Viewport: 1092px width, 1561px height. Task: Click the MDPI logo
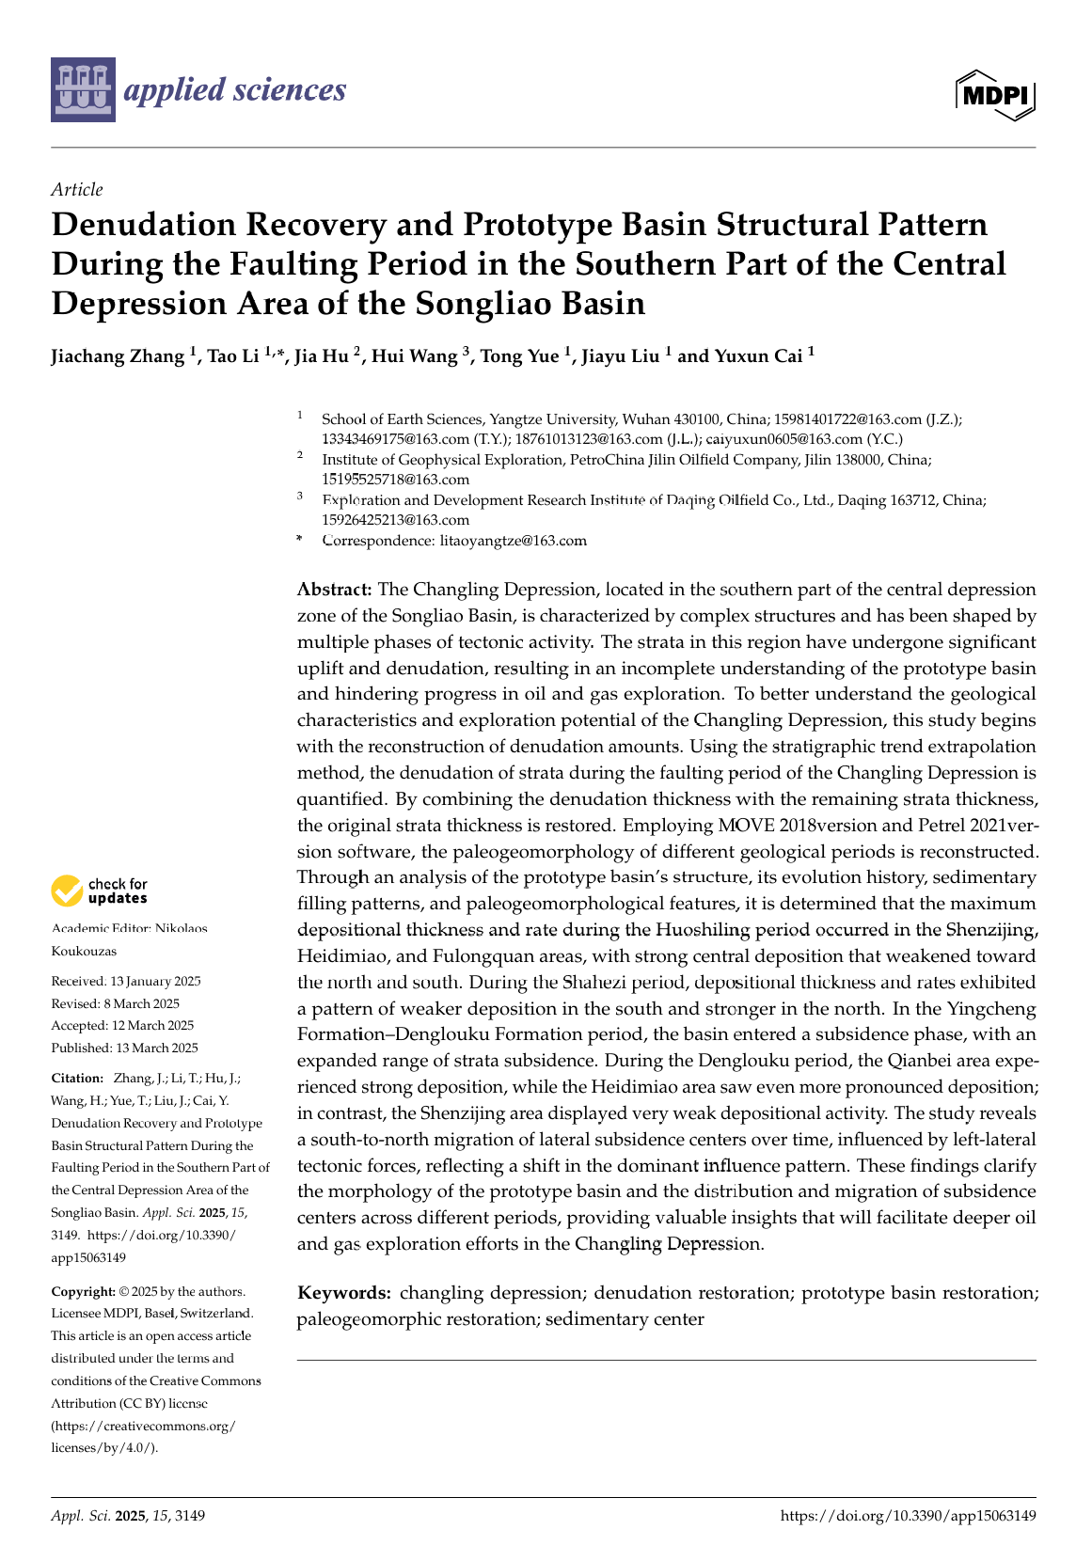pyautogui.click(x=995, y=95)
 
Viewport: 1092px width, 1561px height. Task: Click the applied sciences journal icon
pyautogui.click(x=84, y=89)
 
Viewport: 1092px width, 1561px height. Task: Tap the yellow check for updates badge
pyautogui.click(x=67, y=891)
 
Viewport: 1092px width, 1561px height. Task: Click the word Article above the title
pyautogui.click(x=77, y=190)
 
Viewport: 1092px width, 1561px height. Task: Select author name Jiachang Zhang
pyautogui.click(x=118, y=356)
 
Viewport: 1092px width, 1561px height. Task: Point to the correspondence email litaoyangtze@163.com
pyautogui.click(x=513, y=541)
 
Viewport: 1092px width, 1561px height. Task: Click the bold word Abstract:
pyautogui.click(x=335, y=590)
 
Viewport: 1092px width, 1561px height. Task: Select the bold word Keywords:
pyautogui.click(x=343, y=1293)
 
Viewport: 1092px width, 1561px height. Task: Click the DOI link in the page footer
pyautogui.click(x=908, y=1516)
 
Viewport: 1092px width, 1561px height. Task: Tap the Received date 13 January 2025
pyautogui.click(x=126, y=981)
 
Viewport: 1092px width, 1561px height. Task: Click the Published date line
pyautogui.click(x=124, y=1049)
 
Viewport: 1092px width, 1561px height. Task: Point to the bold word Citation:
pyautogui.click(x=77, y=1079)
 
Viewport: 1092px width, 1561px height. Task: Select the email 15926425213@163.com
pyautogui.click(x=395, y=520)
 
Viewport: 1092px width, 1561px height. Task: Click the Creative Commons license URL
pyautogui.click(x=143, y=1437)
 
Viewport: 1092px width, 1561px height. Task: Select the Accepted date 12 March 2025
pyautogui.click(x=122, y=1026)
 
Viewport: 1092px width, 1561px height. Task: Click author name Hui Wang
pyautogui.click(x=415, y=356)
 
